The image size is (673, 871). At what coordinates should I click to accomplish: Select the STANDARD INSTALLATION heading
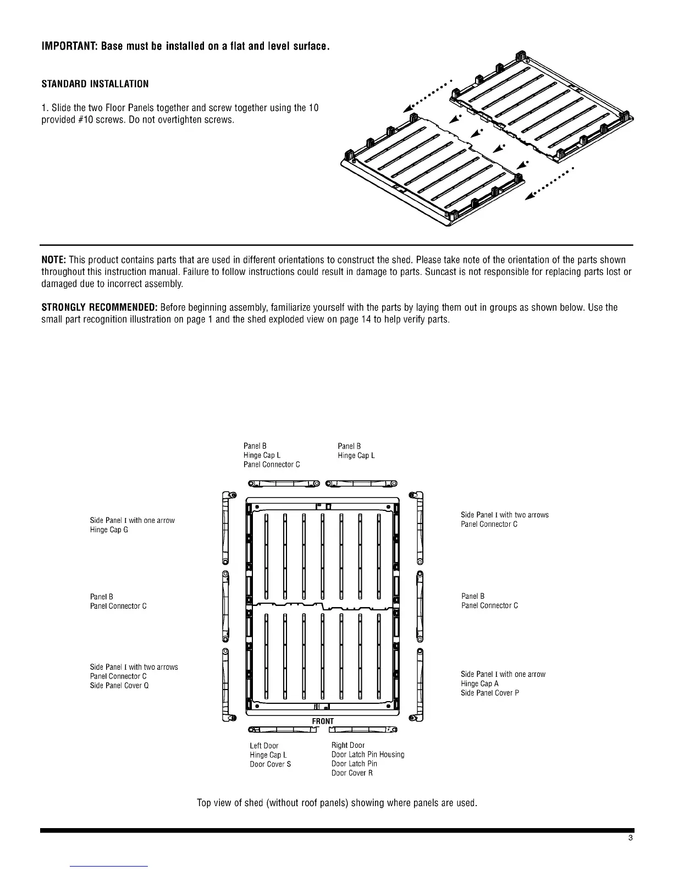[x=95, y=84]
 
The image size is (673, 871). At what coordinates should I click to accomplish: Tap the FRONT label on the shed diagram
[x=323, y=721]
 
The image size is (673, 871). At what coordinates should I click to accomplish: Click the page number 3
[x=630, y=838]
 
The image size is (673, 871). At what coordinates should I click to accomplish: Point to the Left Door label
[x=264, y=746]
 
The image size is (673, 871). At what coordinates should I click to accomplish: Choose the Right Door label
[x=348, y=745]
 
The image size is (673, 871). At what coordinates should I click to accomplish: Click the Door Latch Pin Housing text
[x=368, y=754]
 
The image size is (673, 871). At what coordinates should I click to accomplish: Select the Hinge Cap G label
[x=109, y=530]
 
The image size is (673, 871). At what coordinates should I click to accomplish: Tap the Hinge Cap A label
[x=479, y=683]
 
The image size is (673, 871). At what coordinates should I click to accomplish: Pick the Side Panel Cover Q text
[x=119, y=686]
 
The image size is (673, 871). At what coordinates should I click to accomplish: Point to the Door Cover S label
[x=270, y=764]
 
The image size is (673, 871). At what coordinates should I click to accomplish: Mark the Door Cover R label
[x=352, y=773]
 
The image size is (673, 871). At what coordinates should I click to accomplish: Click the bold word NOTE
[x=54, y=260]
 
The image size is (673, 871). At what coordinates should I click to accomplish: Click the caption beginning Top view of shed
[x=336, y=803]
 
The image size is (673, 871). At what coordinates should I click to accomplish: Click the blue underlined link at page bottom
[x=109, y=866]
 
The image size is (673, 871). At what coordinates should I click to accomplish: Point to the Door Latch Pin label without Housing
[x=354, y=764]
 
